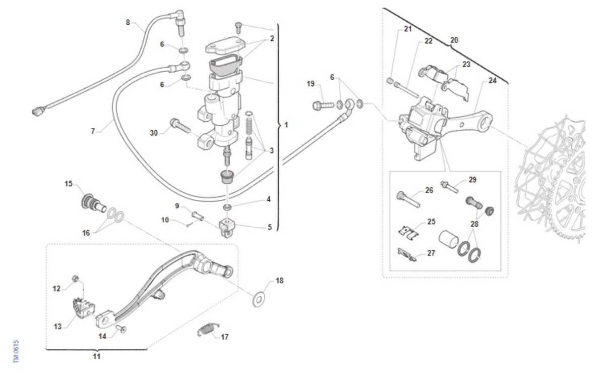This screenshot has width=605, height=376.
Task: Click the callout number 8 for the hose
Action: [x=128, y=22]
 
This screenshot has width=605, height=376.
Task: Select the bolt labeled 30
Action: [x=180, y=125]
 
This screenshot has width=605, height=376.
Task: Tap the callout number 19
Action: [x=310, y=83]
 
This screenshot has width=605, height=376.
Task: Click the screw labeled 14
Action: [x=122, y=329]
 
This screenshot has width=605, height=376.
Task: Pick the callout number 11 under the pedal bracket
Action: [x=96, y=356]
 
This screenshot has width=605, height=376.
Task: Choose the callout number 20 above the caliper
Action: [x=454, y=39]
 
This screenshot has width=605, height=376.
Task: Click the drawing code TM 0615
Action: [x=16, y=351]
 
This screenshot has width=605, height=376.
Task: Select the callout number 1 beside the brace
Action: [x=286, y=125]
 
